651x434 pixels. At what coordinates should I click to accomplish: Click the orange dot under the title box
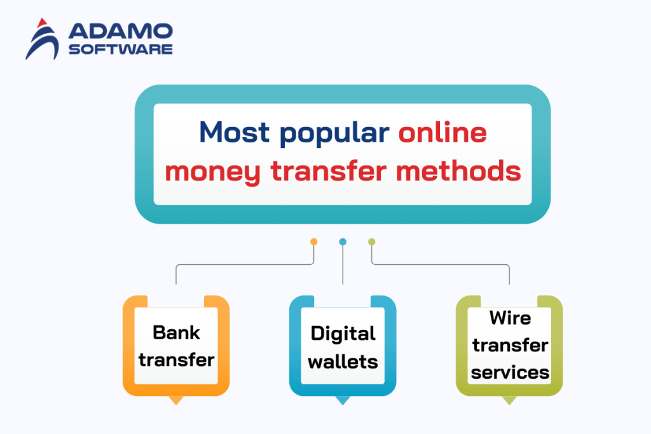pos(313,241)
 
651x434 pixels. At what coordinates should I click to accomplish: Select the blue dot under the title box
pos(343,241)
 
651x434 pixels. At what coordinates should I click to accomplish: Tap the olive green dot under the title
pos(372,241)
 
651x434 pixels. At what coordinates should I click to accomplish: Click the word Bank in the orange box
pos(176,332)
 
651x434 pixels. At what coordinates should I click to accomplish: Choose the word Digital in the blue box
pos(343,333)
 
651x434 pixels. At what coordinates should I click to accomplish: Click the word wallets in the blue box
pos(343,362)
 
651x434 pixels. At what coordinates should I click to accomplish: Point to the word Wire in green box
pos(510,318)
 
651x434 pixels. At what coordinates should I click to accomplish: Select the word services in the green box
pos(510,372)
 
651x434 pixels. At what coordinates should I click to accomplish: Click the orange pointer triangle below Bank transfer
pos(175,400)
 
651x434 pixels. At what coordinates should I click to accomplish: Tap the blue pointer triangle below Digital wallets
pos(343,400)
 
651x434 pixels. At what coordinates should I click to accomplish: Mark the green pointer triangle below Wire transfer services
pos(509,400)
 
